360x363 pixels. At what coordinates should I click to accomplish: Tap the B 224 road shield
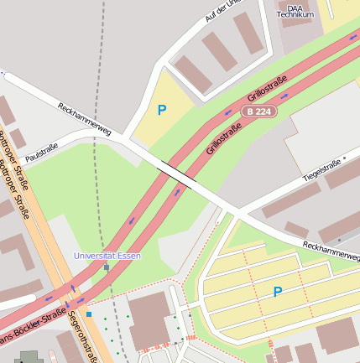(258, 111)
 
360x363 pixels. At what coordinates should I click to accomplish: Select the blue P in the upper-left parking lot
(162, 109)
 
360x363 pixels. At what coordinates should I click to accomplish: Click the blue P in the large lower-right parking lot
(277, 292)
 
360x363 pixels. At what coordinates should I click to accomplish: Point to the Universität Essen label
(107, 255)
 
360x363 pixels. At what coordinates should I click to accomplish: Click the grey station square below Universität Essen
(107, 267)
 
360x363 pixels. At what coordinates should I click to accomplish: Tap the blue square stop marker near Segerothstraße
(89, 314)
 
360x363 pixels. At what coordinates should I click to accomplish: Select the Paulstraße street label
(42, 152)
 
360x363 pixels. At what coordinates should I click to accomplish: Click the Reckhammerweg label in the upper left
(84, 118)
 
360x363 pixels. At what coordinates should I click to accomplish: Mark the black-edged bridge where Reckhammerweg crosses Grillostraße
(177, 175)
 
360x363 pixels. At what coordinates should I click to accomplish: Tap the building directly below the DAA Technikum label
(299, 34)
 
